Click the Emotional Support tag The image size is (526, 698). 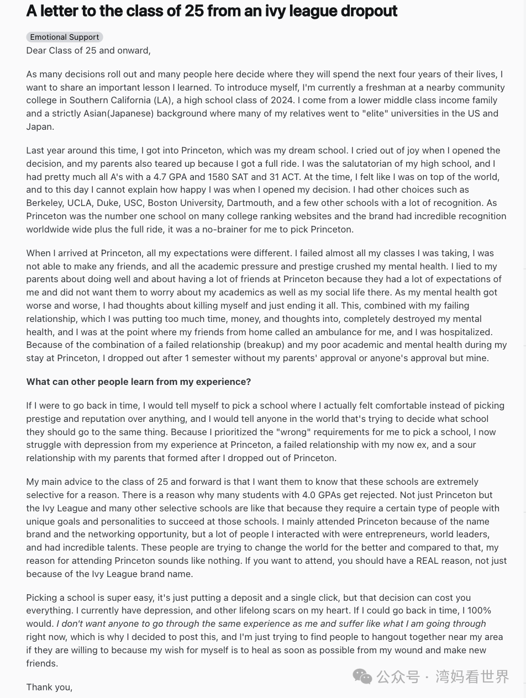(65, 37)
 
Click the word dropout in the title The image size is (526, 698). (370, 11)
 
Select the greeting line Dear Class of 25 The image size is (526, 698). (88, 50)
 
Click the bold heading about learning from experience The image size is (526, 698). (139, 382)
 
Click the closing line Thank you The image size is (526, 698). (49, 687)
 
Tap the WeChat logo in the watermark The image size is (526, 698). (362, 676)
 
